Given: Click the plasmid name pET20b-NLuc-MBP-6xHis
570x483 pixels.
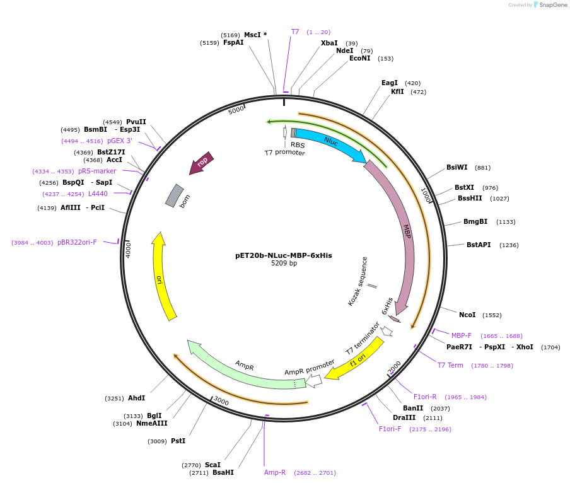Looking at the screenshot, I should click(283, 255).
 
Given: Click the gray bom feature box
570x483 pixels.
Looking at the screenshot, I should click(174, 195).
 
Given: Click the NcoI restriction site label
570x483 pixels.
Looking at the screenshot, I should click(467, 315).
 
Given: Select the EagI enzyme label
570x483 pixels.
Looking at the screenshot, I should click(390, 83).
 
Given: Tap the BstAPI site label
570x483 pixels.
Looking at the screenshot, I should click(479, 245).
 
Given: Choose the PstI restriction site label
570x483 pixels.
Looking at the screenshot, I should click(178, 441).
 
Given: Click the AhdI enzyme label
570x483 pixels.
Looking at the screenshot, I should click(136, 398).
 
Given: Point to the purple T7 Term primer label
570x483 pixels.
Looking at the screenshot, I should click(450, 365).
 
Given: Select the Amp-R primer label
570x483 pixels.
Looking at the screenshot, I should click(275, 472).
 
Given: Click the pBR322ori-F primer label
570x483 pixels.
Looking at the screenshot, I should click(77, 242).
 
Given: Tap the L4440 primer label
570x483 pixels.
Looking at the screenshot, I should click(98, 194).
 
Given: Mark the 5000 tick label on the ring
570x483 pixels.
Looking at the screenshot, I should click(236, 111).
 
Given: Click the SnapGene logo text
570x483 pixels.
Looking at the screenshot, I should click(553, 5).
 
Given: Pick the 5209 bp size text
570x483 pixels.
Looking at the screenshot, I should click(284, 264).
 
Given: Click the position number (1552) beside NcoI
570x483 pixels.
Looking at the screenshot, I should click(492, 315).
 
